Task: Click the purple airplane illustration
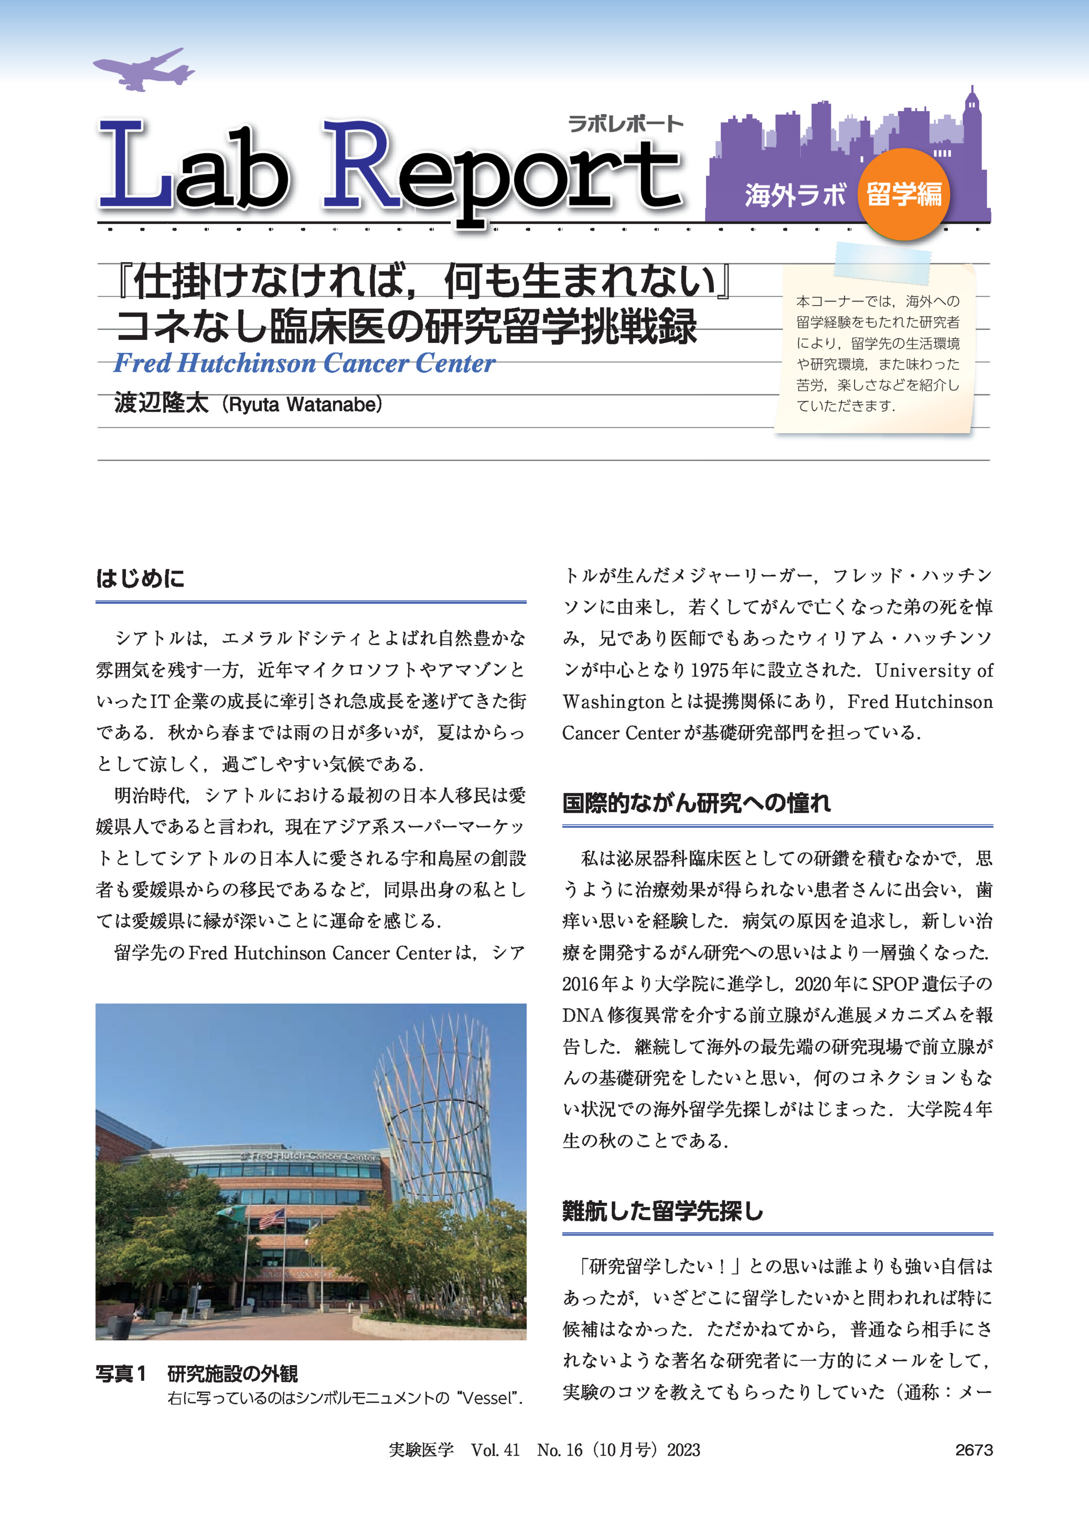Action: [x=143, y=70]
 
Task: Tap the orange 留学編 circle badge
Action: [x=903, y=195]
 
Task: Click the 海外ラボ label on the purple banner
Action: [x=795, y=196]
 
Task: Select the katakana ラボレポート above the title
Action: [x=625, y=124]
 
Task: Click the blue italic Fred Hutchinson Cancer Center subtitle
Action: [x=304, y=363]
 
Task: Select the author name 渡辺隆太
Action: [x=161, y=403]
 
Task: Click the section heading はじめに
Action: [x=140, y=578]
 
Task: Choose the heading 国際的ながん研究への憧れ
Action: [x=696, y=802]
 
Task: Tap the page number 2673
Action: [x=974, y=1450]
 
